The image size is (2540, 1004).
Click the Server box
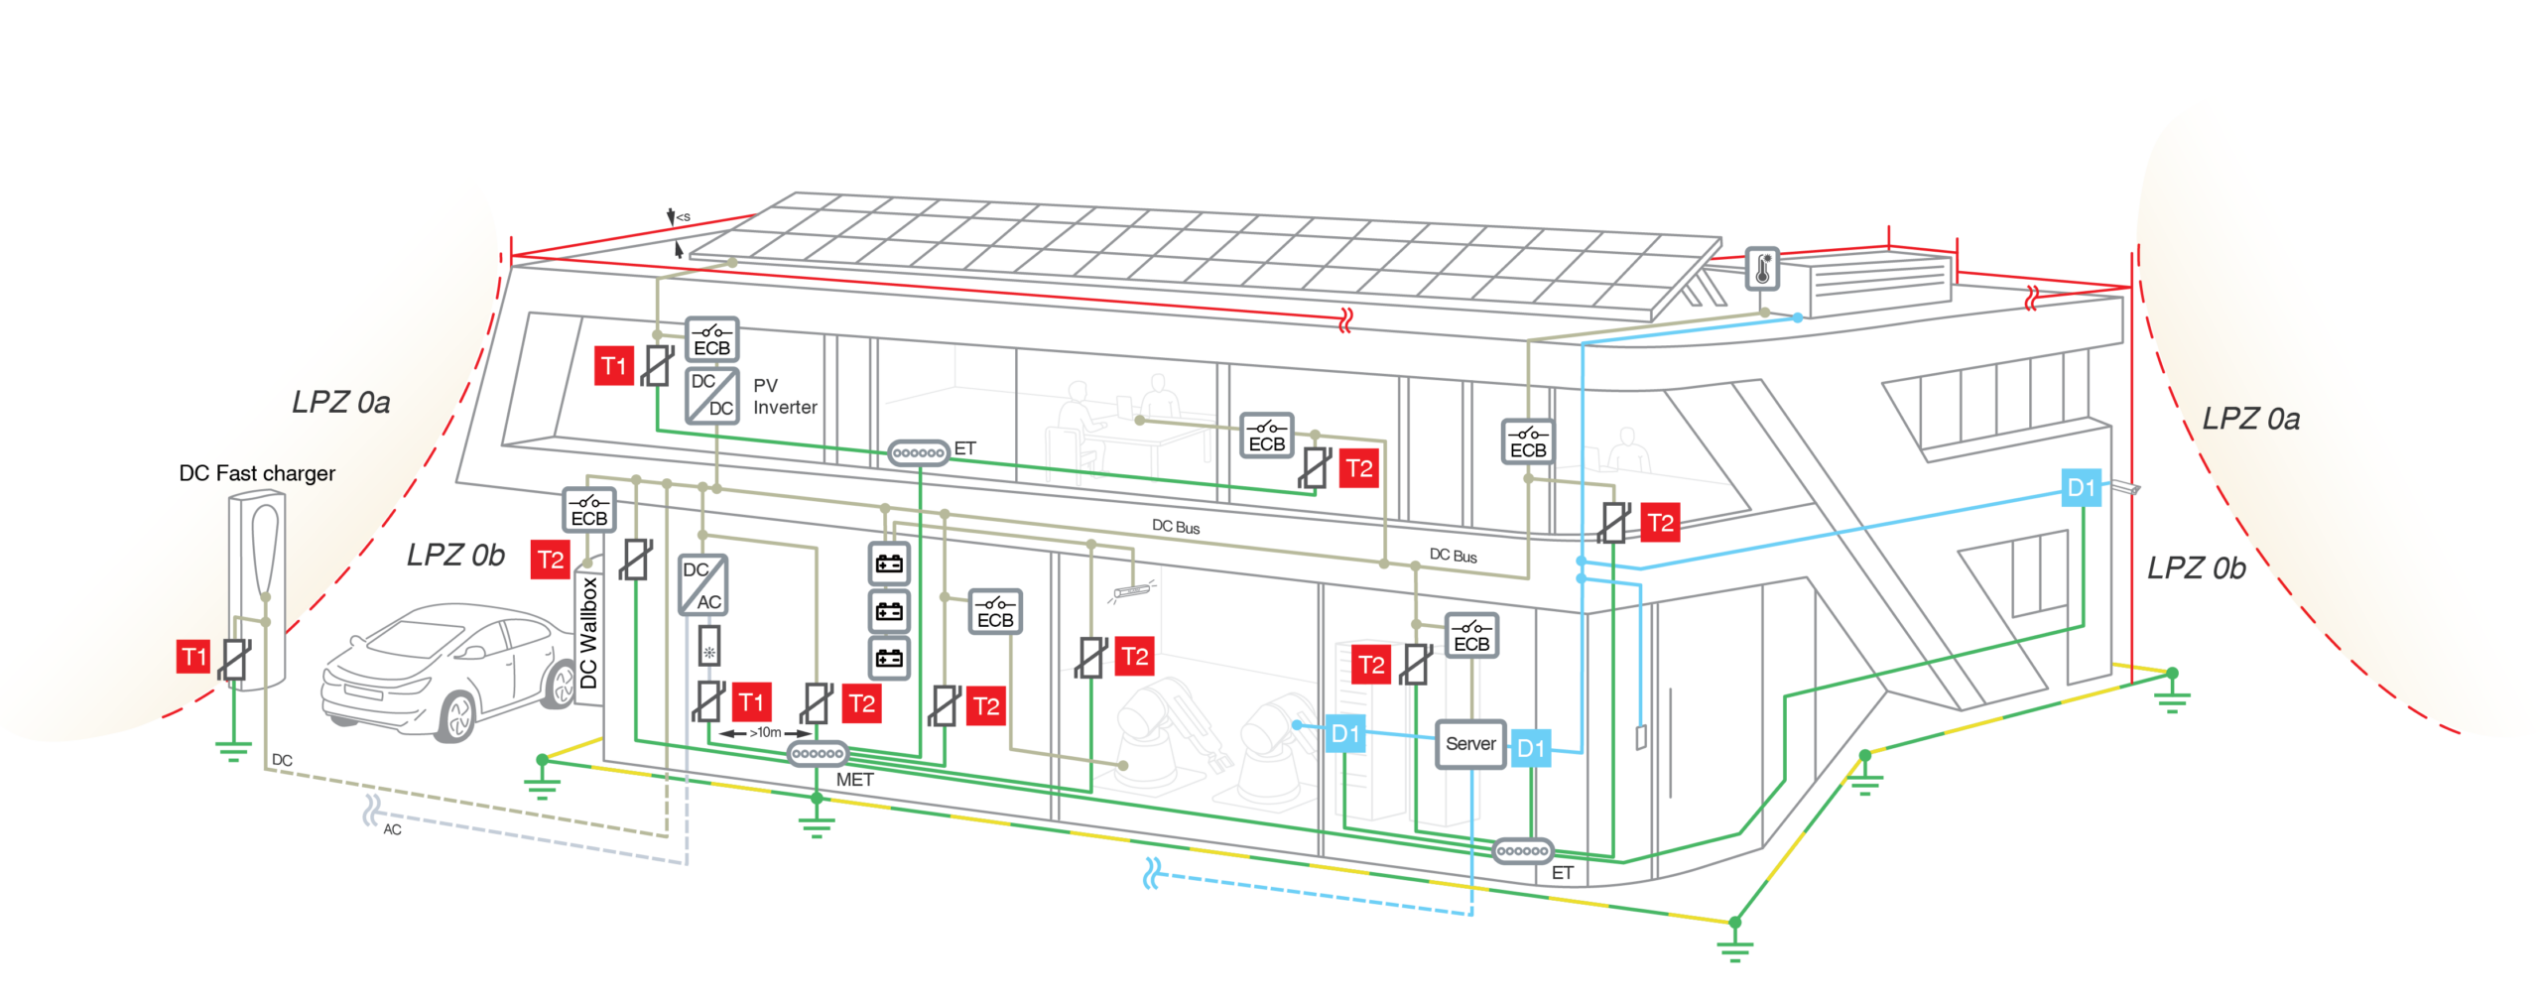tap(1470, 744)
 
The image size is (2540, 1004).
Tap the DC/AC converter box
tap(702, 584)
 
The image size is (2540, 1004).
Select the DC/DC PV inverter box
tap(711, 395)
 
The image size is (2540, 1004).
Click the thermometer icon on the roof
tap(1762, 269)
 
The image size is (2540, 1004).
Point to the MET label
tap(854, 780)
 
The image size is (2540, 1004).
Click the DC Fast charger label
tap(257, 473)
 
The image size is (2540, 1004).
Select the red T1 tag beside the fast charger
tap(193, 656)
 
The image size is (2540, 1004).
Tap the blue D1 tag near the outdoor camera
tap(2081, 487)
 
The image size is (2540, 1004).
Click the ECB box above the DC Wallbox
tap(588, 510)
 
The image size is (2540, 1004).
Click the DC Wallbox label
tap(588, 633)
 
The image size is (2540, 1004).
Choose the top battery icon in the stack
tap(889, 564)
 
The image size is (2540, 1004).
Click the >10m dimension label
tap(765, 732)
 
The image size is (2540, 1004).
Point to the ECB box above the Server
tap(1471, 635)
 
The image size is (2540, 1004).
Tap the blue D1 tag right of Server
tap(1530, 748)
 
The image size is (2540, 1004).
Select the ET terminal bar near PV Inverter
tap(918, 452)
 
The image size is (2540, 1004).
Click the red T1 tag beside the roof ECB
tap(614, 366)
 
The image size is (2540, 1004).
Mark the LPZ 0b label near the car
tap(455, 555)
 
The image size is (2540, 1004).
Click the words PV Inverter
tap(785, 396)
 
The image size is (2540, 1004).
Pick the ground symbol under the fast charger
tap(233, 751)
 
